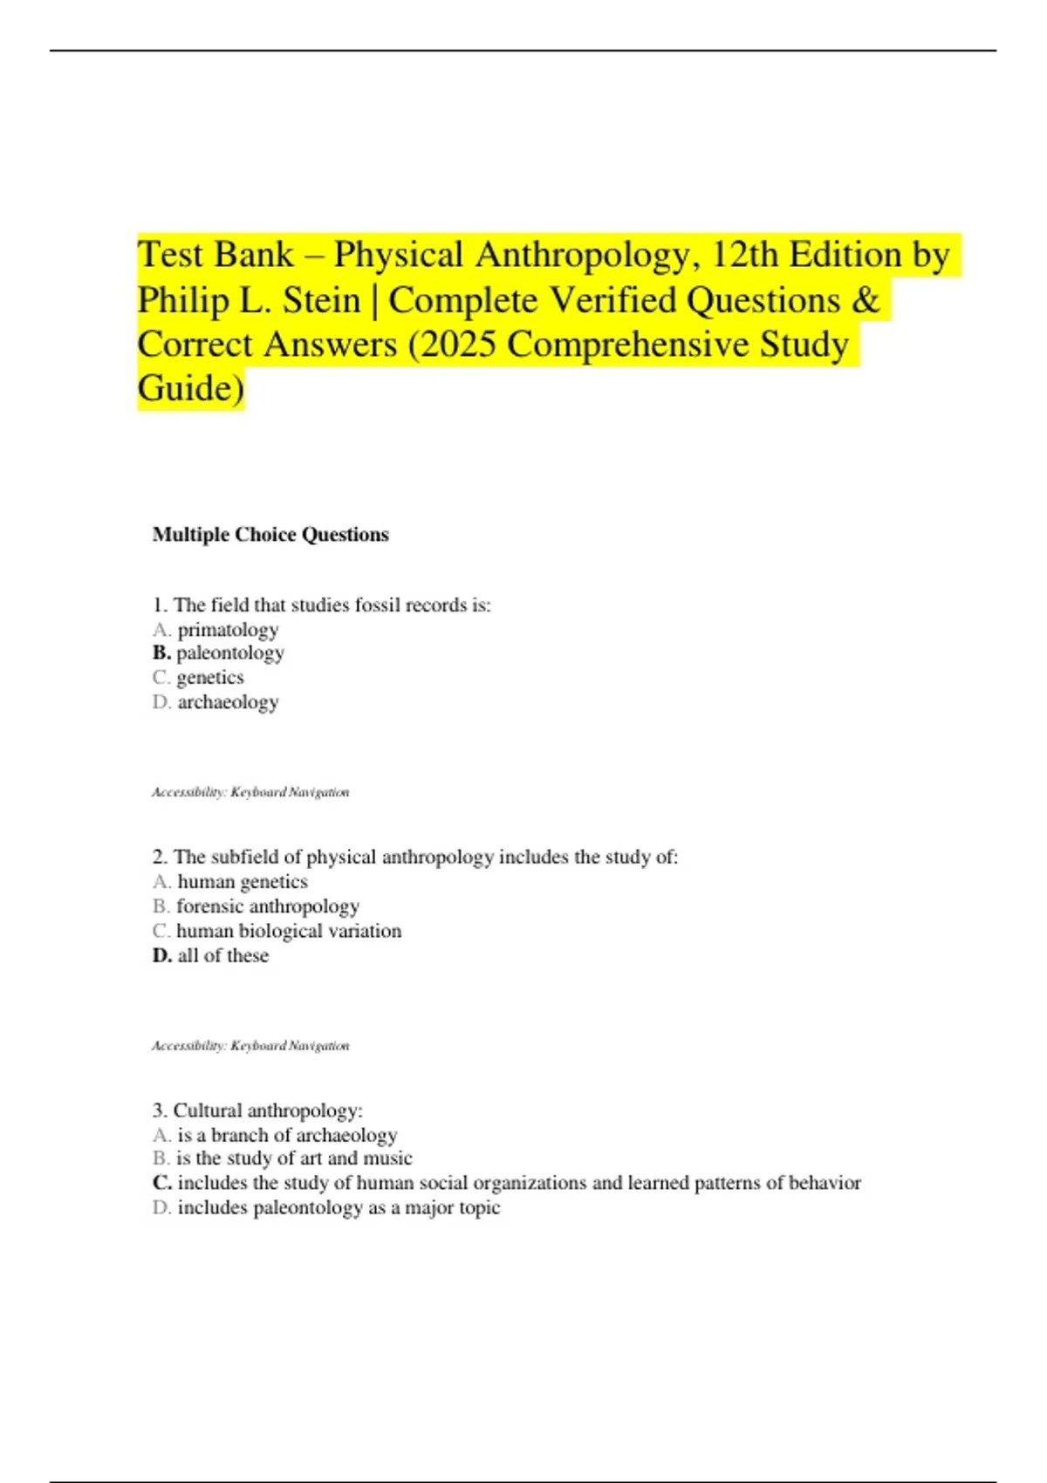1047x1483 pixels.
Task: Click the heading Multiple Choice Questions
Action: pos(270,535)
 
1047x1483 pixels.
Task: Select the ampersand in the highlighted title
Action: pos(865,300)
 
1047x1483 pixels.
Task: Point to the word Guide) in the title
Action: pos(191,389)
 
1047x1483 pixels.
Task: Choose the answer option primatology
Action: pos(228,630)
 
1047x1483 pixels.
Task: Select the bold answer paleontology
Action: pos(229,653)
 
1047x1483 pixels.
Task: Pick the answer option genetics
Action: pos(210,678)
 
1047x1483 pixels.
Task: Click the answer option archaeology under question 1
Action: pos(228,702)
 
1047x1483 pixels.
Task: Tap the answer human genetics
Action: pos(243,882)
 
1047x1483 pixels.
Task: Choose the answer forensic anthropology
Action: pos(268,906)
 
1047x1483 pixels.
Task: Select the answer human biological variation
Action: pos(289,931)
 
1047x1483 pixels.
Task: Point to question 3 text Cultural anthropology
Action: pos(267,1111)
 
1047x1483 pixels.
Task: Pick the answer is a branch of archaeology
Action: pos(287,1135)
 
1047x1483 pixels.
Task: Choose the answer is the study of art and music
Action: pos(294,1158)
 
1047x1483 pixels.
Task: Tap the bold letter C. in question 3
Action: pos(161,1183)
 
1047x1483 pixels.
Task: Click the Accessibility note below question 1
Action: pos(250,792)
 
